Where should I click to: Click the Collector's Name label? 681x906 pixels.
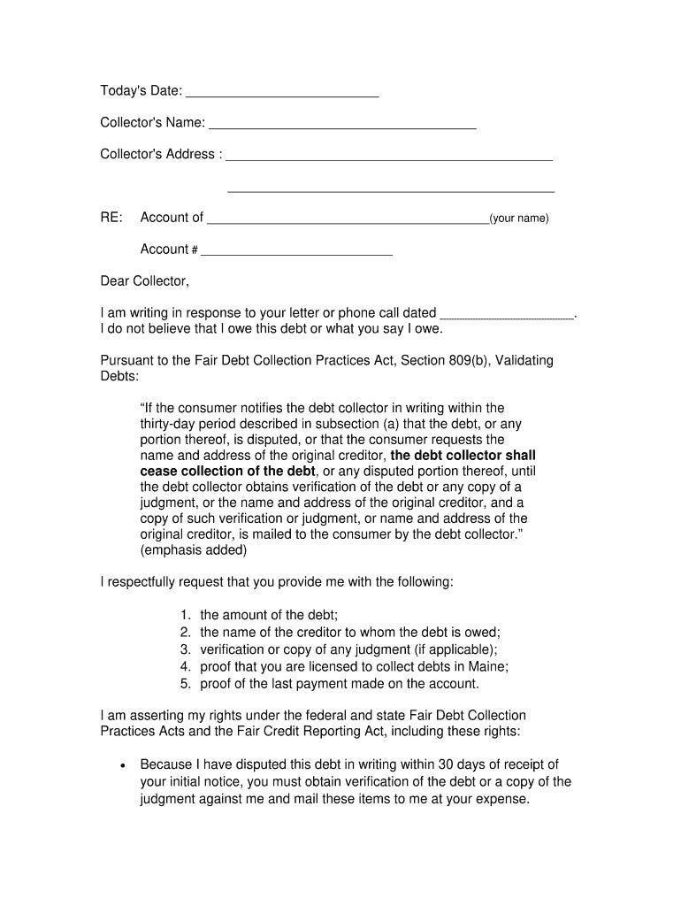point(152,122)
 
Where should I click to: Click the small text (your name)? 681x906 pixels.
point(519,219)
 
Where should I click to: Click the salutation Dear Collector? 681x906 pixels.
point(144,281)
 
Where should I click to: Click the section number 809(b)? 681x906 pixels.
point(483,361)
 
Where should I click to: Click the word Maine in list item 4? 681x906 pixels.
point(489,666)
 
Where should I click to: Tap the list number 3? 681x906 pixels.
point(185,649)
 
